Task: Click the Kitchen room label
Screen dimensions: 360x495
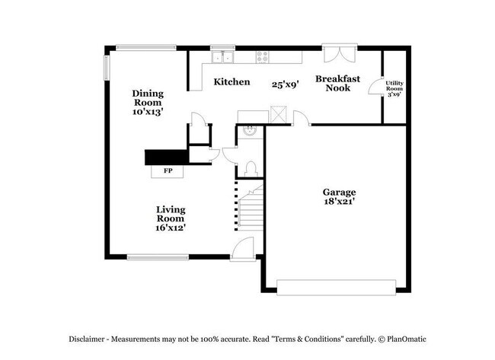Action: pyautogui.click(x=232, y=81)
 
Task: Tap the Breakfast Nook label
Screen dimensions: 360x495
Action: pyautogui.click(x=337, y=83)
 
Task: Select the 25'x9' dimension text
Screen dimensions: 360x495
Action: pyautogui.click(x=286, y=84)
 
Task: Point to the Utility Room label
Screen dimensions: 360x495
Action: pyautogui.click(x=394, y=88)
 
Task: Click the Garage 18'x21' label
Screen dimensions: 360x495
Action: pyautogui.click(x=339, y=197)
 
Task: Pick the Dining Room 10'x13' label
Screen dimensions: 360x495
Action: pyautogui.click(x=148, y=102)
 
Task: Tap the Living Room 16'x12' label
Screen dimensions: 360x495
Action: pyautogui.click(x=171, y=218)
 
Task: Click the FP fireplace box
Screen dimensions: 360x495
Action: pyautogui.click(x=168, y=170)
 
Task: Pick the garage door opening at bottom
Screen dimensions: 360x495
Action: pyautogui.click(x=337, y=287)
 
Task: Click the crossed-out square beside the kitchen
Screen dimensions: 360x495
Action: pyautogui.click(x=279, y=116)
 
